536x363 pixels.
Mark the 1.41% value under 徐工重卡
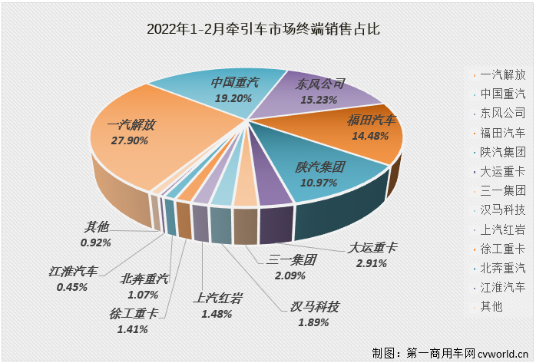[x=133, y=328]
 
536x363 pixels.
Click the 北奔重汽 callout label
[x=144, y=279]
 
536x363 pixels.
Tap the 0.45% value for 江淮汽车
[x=71, y=287]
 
